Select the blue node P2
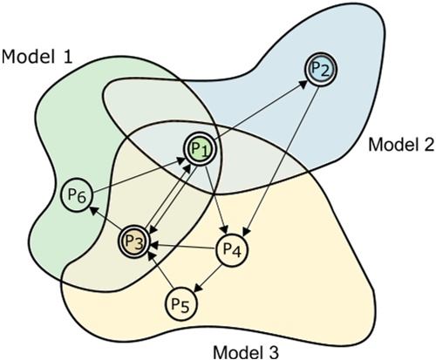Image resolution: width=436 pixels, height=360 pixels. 320,71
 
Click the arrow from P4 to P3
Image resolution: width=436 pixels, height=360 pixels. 184,249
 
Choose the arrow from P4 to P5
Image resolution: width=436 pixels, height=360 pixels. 207,275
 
